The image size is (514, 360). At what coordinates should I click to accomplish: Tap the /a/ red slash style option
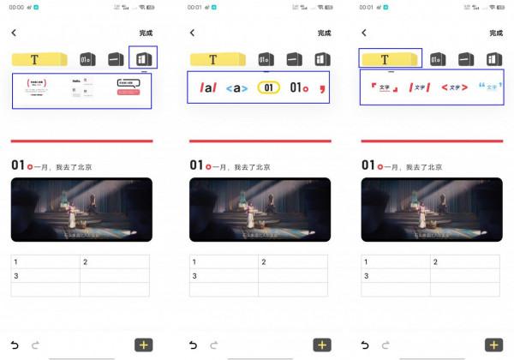click(x=206, y=87)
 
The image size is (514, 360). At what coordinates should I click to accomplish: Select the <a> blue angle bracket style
click(x=236, y=87)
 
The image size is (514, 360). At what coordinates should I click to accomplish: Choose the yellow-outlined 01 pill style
click(x=269, y=87)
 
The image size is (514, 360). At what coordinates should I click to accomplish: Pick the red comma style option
click(x=322, y=87)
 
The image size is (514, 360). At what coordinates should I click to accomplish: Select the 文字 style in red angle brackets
click(x=455, y=87)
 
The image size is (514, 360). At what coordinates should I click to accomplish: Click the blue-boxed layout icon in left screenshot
click(x=142, y=59)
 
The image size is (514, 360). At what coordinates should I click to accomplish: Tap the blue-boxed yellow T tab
click(x=385, y=59)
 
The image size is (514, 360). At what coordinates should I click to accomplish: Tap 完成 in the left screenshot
click(x=146, y=33)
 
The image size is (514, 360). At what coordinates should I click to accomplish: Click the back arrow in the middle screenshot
click(x=192, y=33)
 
